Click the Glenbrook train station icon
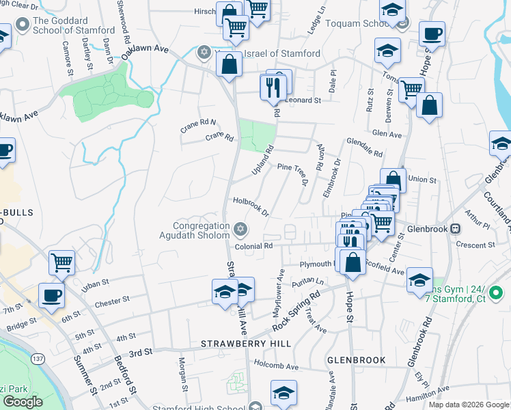(x=456, y=229)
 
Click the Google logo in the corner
(x=23, y=402)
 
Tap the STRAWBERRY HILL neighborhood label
(x=247, y=343)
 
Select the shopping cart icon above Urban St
(x=61, y=261)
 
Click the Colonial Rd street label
(x=253, y=246)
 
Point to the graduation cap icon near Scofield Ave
(x=419, y=281)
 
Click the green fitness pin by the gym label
(x=497, y=294)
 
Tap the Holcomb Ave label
(x=275, y=366)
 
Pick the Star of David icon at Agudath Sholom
(x=239, y=228)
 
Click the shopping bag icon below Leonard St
(x=429, y=106)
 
